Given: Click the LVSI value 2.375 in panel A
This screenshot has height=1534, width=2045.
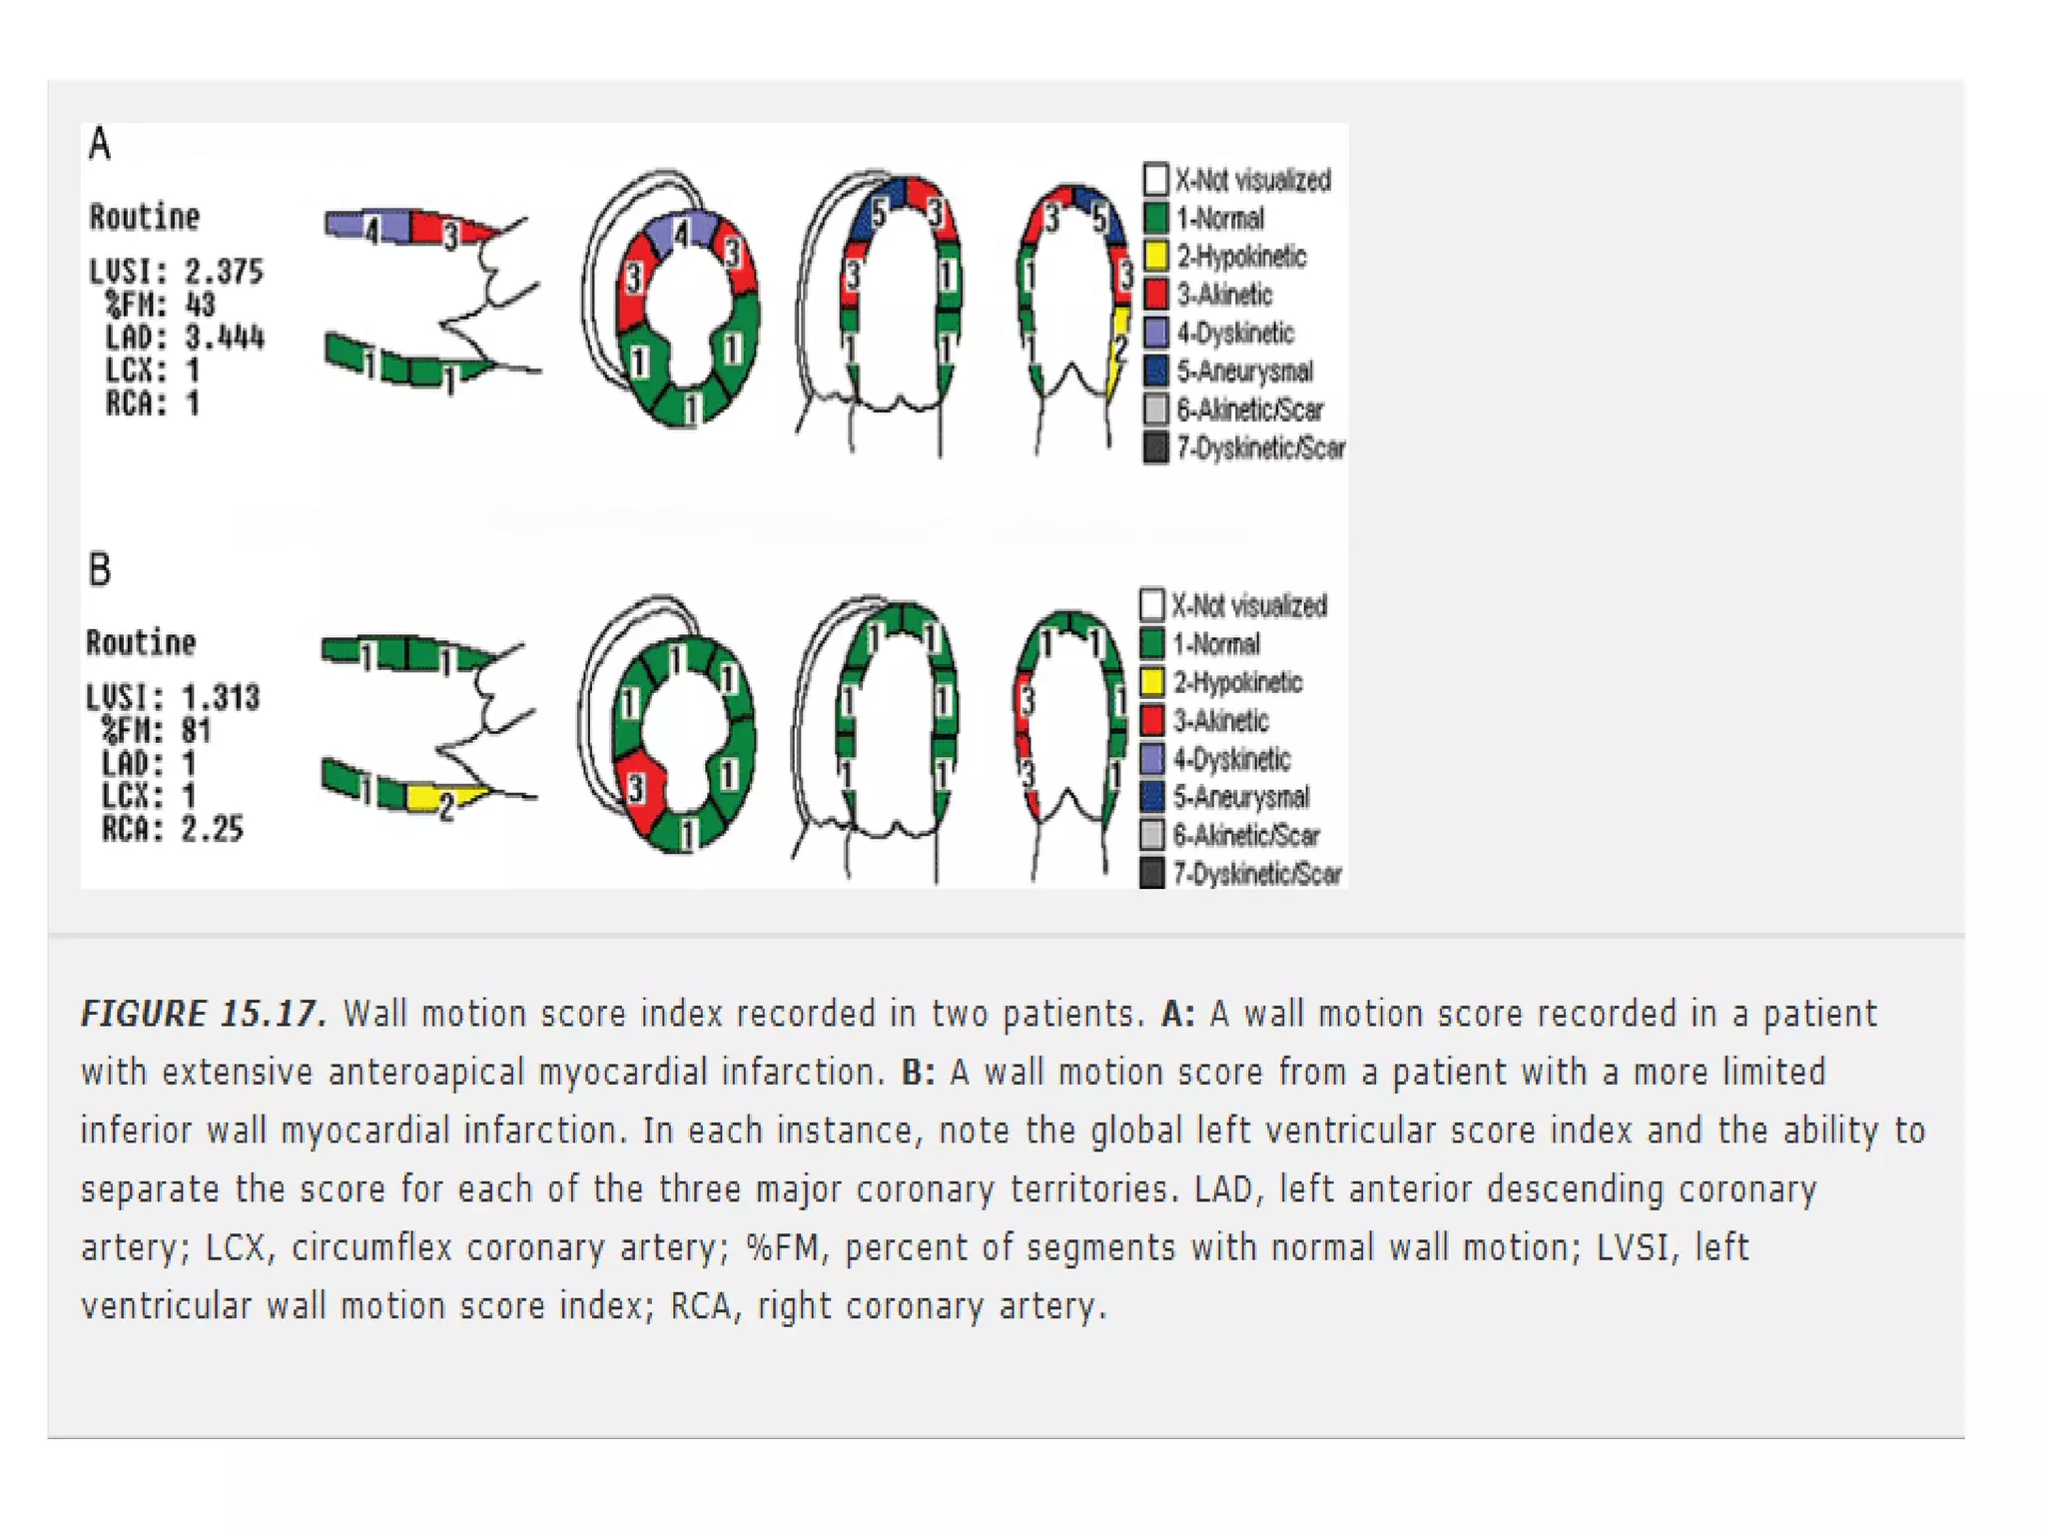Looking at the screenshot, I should pos(224,272).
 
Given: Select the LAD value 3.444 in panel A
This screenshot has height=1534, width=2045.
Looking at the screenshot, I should pos(225,338).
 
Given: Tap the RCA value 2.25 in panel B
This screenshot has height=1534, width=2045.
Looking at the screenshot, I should pos(212,829).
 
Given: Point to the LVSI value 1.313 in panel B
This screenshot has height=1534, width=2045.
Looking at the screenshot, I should pos(220,697).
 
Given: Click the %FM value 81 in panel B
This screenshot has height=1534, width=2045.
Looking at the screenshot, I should pos(196,731).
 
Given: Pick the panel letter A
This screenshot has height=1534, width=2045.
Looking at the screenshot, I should pos(99,144).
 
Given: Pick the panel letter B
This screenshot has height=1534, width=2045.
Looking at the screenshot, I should pos(99,570).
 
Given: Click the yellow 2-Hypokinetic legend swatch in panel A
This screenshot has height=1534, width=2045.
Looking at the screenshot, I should pos(1155,256).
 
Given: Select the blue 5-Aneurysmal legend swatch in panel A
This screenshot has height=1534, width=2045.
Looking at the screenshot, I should pos(1155,371).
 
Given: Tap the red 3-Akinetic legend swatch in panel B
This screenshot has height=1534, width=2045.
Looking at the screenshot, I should pos(1151,720).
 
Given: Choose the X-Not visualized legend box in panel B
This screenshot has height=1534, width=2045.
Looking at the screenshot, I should pos(1151,604).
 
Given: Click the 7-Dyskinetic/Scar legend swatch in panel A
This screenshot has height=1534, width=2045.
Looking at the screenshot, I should pos(1155,447).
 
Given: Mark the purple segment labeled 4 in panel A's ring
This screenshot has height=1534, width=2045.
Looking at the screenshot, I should pos(681,234).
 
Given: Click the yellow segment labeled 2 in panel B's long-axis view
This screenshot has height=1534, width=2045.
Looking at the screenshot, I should pos(439,799).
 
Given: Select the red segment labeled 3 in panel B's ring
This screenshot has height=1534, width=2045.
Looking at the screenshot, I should pos(640,789).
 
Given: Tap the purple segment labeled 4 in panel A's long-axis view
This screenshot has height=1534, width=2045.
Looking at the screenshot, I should pos(369,227).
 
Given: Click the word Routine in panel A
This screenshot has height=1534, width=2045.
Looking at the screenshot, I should pos(144,217).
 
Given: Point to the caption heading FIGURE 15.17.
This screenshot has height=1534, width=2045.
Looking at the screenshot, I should pos(203,1014).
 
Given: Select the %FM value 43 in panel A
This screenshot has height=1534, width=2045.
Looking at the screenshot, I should pos(200,305).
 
